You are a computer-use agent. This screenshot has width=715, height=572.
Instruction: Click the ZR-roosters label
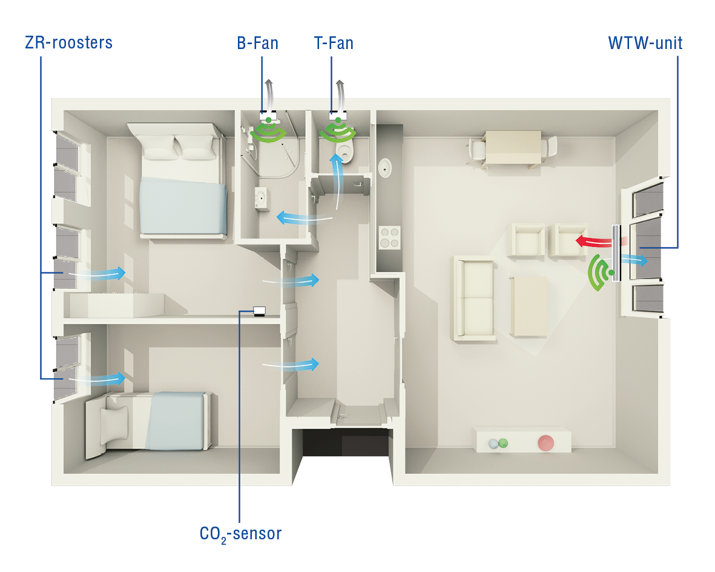[68, 42]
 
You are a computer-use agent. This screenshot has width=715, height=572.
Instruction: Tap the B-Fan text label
[258, 43]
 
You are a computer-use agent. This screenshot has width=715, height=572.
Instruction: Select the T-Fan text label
[334, 43]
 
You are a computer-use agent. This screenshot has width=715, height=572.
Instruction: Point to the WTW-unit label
[645, 43]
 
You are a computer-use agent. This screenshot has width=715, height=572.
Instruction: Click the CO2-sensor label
[241, 534]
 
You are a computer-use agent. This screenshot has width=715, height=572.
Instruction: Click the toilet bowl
[344, 152]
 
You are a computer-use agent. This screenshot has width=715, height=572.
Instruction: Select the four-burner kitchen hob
[389, 237]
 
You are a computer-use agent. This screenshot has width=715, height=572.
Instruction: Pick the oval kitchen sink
[385, 169]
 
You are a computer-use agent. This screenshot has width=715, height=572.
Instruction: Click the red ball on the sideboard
[546, 442]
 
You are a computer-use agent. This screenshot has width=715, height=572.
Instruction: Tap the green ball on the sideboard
[503, 442]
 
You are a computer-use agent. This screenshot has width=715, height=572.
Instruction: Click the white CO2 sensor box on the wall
[259, 311]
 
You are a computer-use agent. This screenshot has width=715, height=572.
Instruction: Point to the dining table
[513, 147]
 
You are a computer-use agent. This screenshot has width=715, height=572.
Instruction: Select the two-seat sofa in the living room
[474, 298]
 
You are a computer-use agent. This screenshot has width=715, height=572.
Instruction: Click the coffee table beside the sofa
[529, 306]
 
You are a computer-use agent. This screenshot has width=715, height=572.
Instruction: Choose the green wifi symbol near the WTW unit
[600, 272]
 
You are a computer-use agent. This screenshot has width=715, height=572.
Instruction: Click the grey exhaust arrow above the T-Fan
[341, 95]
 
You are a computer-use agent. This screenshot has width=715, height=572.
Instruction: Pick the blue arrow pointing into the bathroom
[304, 219]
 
